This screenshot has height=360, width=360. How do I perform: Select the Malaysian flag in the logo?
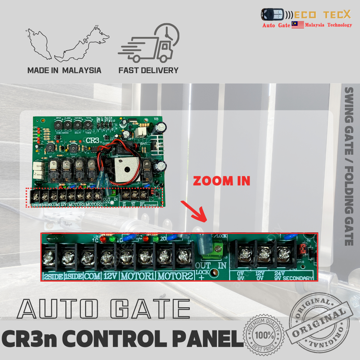click(x=298, y=25)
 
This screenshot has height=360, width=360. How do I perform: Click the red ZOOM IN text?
click(x=222, y=181)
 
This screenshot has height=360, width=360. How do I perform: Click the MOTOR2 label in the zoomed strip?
click(x=175, y=277)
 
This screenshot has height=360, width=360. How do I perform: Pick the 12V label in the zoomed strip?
click(x=110, y=277)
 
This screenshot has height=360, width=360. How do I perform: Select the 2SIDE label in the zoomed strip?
click(x=53, y=277)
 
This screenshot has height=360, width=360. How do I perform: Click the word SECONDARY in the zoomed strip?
click(x=298, y=278)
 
